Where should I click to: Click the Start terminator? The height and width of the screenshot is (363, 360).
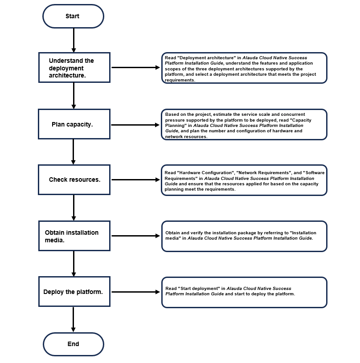pyautogui.click(x=73, y=16)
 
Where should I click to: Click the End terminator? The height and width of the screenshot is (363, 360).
pyautogui.click(x=73, y=344)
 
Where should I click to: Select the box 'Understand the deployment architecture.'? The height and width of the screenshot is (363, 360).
pyautogui.click(x=74, y=68)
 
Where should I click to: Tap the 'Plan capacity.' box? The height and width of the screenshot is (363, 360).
pyautogui.click(x=74, y=124)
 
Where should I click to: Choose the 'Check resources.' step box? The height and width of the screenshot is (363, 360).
pyautogui.click(x=74, y=179)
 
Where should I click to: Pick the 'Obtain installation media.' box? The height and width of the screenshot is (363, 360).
pyautogui.click(x=74, y=236)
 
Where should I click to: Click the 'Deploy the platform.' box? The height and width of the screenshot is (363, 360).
pyautogui.click(x=74, y=292)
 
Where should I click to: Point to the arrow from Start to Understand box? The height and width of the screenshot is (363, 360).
pyautogui.click(x=74, y=40)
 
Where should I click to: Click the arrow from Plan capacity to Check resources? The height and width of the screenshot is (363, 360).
pyautogui.click(x=74, y=152)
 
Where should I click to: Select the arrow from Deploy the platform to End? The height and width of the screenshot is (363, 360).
pyautogui.click(x=74, y=319)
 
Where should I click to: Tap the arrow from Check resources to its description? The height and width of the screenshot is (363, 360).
pyautogui.click(x=135, y=179)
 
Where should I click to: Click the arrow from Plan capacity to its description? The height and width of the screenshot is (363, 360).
pyautogui.click(x=135, y=125)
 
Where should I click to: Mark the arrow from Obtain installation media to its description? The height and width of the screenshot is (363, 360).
pyautogui.click(x=136, y=236)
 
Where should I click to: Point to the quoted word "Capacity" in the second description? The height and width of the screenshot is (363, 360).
pyautogui.click(x=302, y=120)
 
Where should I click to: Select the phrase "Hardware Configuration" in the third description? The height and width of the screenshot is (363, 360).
pyautogui.click(x=206, y=173)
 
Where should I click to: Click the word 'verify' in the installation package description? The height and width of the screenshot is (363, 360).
pyautogui.click(x=196, y=233)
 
